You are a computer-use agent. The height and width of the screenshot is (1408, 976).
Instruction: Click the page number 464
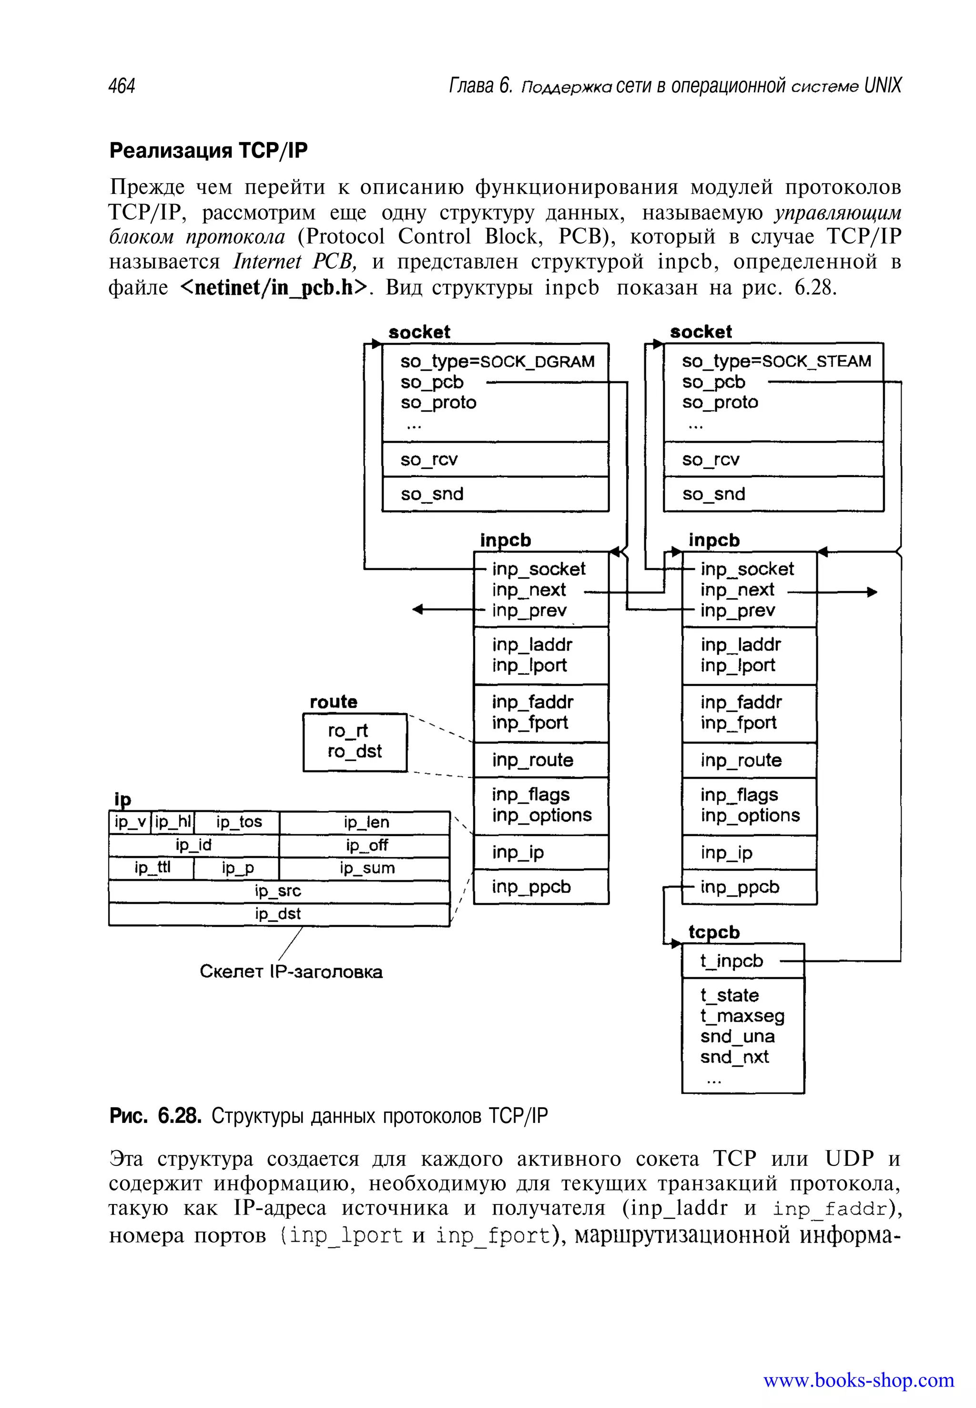pyautogui.click(x=122, y=86)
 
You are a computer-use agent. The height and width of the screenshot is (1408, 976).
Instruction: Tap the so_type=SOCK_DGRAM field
pyautogui.click(x=497, y=361)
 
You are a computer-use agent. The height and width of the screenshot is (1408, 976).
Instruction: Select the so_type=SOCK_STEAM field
pyautogui.click(x=776, y=361)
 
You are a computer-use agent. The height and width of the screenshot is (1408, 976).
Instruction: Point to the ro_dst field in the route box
pyautogui.click(x=355, y=751)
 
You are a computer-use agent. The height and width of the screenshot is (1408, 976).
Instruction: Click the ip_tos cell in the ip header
pyautogui.click(x=239, y=822)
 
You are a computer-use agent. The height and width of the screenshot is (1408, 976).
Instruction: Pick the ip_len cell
pyautogui.click(x=366, y=823)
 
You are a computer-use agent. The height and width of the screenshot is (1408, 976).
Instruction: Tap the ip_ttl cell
pyautogui.click(x=152, y=868)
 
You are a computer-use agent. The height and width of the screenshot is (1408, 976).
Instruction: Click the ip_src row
pyautogui.click(x=278, y=891)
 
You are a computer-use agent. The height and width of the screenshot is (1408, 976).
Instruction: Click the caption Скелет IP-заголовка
pyautogui.click(x=291, y=972)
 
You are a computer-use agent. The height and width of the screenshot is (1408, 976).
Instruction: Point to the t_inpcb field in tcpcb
pyautogui.click(x=732, y=961)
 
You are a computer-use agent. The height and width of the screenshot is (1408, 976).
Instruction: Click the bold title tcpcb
pyautogui.click(x=714, y=932)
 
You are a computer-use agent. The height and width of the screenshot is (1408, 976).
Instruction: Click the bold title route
pyautogui.click(x=333, y=702)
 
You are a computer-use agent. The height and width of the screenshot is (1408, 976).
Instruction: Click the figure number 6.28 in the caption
pyautogui.click(x=179, y=1116)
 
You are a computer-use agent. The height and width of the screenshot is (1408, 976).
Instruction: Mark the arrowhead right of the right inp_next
pyautogui.click(x=872, y=592)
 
